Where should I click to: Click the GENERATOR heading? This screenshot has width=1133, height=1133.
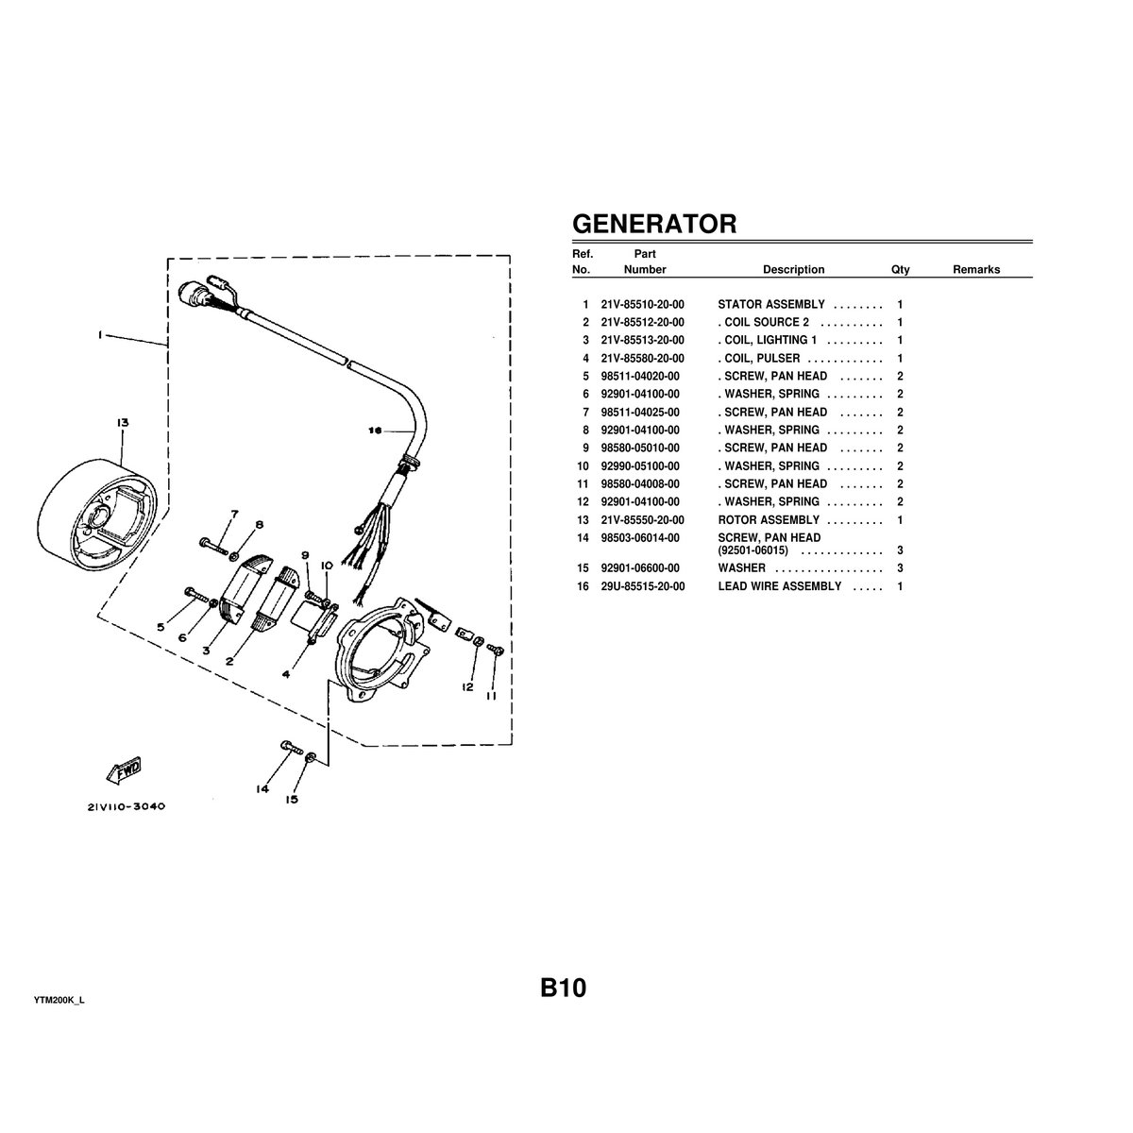(x=654, y=224)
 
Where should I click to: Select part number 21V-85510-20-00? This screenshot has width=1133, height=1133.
(x=642, y=305)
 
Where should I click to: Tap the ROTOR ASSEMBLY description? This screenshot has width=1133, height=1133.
(x=769, y=520)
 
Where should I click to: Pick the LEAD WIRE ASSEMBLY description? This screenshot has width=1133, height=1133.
(x=779, y=586)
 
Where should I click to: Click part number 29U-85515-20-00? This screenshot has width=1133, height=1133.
(x=642, y=586)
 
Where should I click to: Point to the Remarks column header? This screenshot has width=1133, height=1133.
(x=975, y=270)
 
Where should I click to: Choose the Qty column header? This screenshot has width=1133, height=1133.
(x=900, y=270)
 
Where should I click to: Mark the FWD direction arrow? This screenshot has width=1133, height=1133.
(x=124, y=770)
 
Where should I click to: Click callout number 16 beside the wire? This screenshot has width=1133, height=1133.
(x=375, y=431)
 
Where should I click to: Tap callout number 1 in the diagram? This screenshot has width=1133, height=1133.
(x=100, y=334)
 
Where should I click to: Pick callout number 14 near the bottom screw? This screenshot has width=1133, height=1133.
(x=262, y=788)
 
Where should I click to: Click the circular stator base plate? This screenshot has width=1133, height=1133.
(x=383, y=651)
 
